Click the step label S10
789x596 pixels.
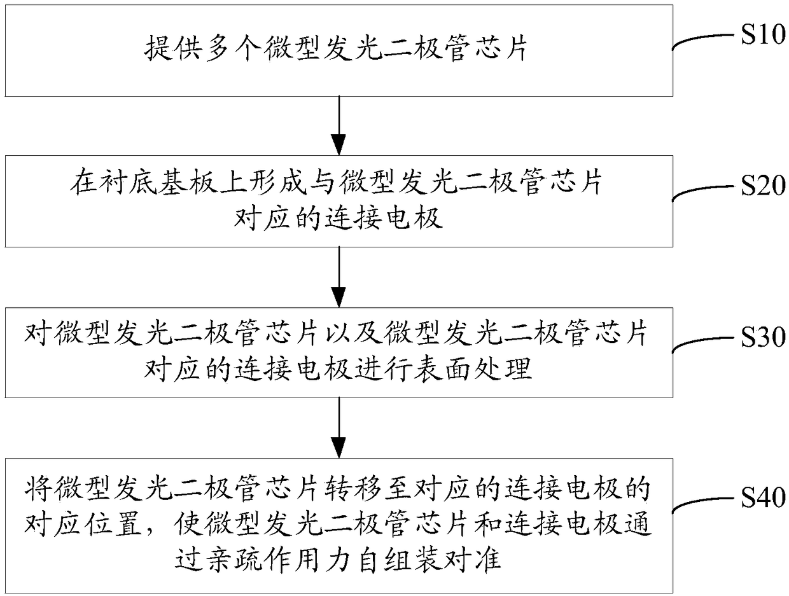(x=763, y=35)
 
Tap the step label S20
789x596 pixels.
(x=763, y=186)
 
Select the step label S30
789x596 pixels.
(x=763, y=337)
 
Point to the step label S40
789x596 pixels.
(x=763, y=497)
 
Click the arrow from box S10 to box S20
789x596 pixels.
(x=339, y=126)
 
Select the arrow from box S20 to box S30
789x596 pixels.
(x=339, y=277)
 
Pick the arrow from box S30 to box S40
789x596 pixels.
(x=339, y=427)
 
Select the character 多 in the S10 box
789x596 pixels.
(x=218, y=48)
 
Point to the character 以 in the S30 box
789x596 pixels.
(x=337, y=334)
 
